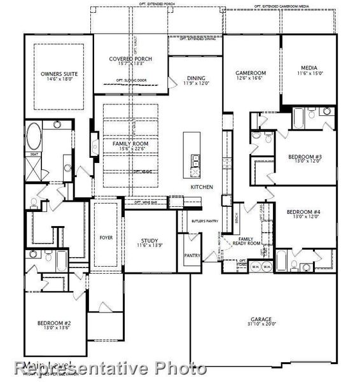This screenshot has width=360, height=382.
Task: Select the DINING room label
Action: (196, 79)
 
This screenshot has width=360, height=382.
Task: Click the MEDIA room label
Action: (310, 70)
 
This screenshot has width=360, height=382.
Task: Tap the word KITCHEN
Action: (202, 187)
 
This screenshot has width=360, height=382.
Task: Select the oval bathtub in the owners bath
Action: (34, 136)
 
